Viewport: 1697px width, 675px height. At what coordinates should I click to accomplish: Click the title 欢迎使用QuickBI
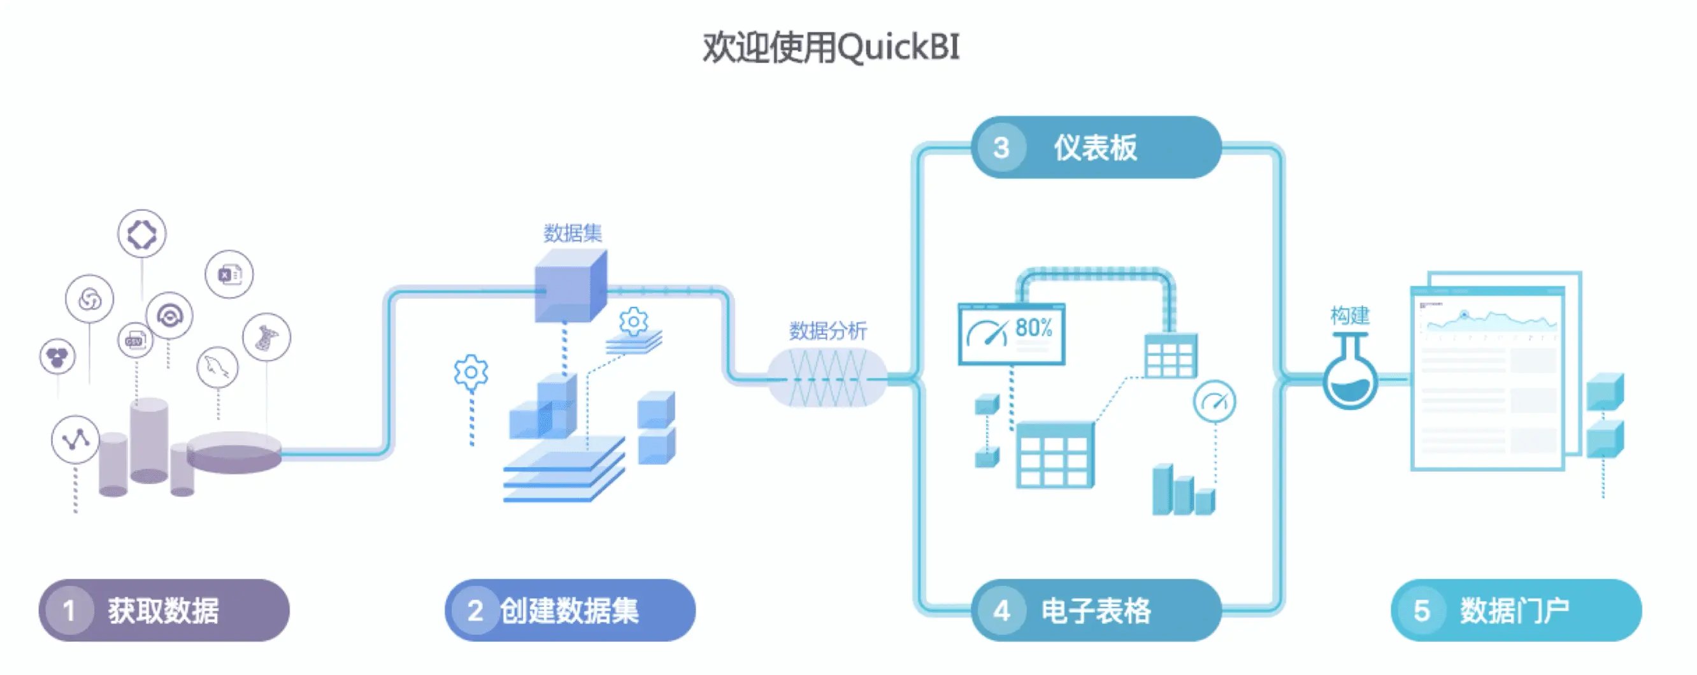(831, 47)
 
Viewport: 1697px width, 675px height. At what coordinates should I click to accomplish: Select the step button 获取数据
(164, 610)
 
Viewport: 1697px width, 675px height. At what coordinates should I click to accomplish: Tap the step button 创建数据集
(570, 610)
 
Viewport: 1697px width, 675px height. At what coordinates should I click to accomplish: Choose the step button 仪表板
(1096, 147)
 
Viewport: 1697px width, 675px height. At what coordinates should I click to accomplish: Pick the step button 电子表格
(1096, 610)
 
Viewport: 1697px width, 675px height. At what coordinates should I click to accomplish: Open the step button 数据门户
(1516, 610)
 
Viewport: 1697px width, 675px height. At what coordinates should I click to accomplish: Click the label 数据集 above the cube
(573, 232)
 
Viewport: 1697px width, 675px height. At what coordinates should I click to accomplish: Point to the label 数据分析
(828, 330)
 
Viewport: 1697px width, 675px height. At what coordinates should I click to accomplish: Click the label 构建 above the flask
(1350, 315)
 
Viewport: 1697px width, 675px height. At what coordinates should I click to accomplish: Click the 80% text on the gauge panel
(1034, 327)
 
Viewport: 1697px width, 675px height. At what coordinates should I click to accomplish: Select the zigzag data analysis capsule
(827, 378)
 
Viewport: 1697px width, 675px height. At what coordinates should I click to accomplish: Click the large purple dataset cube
(571, 286)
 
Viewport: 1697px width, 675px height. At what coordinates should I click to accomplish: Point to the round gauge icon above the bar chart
(1214, 401)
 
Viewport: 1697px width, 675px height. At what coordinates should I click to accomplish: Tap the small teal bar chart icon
(1183, 490)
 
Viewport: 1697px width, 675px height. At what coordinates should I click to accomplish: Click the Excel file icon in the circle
(229, 274)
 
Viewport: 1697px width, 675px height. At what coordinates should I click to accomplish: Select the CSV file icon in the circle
(135, 340)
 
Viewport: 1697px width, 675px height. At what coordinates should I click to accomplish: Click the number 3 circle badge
(1001, 148)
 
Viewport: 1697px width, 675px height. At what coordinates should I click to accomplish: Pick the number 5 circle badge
(1422, 611)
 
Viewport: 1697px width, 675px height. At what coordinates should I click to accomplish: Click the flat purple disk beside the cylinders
(234, 452)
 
